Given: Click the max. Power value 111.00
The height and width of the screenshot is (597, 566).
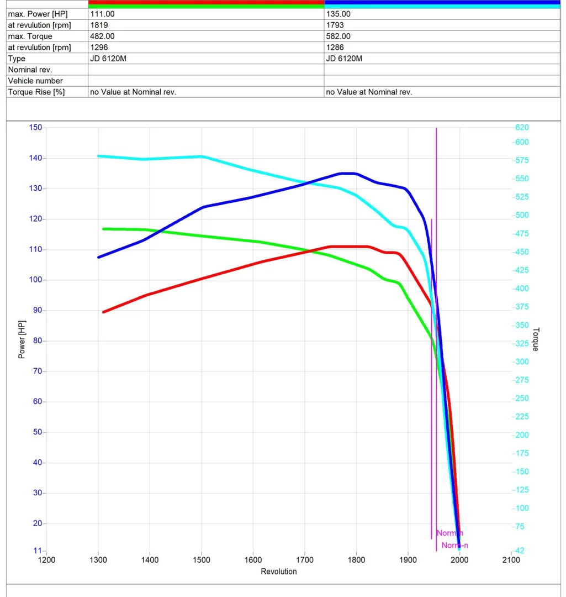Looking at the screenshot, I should [102, 14].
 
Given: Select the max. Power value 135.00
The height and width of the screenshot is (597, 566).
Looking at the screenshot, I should [338, 14].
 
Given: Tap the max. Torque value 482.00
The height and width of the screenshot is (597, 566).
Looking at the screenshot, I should [102, 36].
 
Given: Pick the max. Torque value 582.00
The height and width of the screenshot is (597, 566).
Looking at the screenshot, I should [338, 36].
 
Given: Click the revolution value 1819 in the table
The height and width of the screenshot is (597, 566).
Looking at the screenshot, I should [99, 25].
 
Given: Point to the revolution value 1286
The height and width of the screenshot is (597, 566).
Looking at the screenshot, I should [335, 47].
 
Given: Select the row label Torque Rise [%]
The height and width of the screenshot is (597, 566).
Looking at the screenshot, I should [36, 92].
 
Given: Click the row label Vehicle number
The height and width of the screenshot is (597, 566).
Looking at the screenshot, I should [35, 81].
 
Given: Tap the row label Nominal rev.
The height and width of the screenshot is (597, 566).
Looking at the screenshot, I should [30, 70].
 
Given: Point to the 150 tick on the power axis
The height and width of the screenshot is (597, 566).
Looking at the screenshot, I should [35, 128].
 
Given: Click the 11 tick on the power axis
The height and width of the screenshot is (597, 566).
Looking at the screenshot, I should [38, 551].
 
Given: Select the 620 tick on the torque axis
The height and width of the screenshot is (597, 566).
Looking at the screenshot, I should [522, 127].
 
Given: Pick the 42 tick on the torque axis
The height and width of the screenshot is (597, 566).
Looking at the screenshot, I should [520, 551].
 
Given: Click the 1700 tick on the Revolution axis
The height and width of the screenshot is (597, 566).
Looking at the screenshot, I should [305, 560].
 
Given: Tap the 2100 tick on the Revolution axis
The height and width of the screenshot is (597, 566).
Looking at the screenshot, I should [511, 560].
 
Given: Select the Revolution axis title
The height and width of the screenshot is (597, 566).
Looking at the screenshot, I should [279, 572].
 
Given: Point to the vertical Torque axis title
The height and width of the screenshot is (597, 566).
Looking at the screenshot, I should [535, 339].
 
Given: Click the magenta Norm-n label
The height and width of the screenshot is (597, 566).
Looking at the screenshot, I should [455, 546].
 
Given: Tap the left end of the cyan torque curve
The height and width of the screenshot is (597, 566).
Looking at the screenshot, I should [99, 156].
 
